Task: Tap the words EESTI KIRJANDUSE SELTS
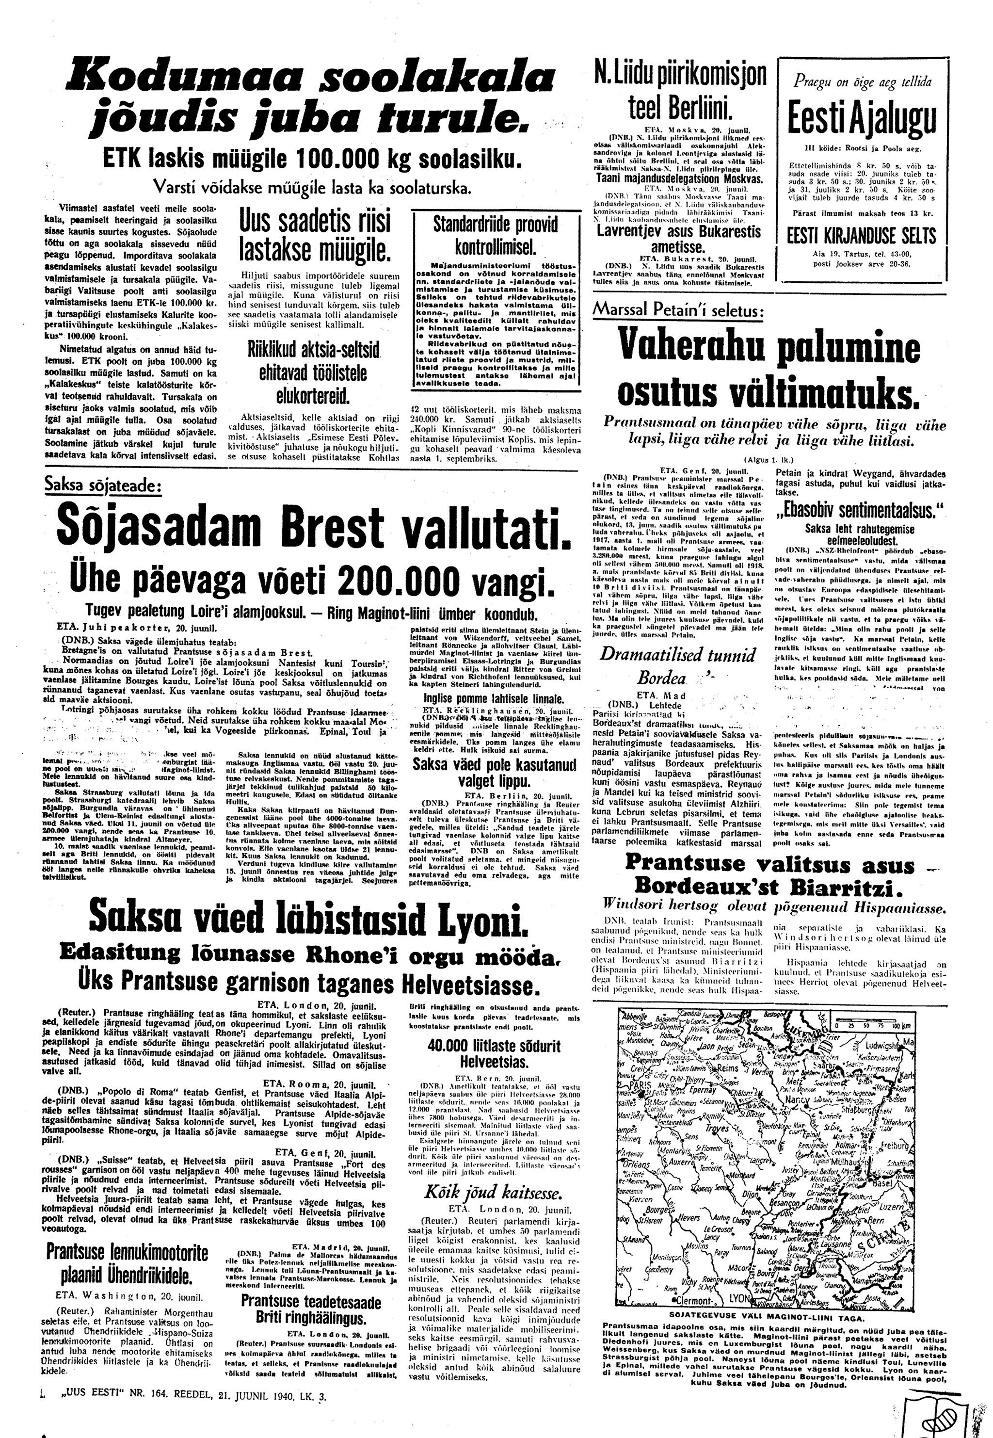(x=861, y=235)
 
